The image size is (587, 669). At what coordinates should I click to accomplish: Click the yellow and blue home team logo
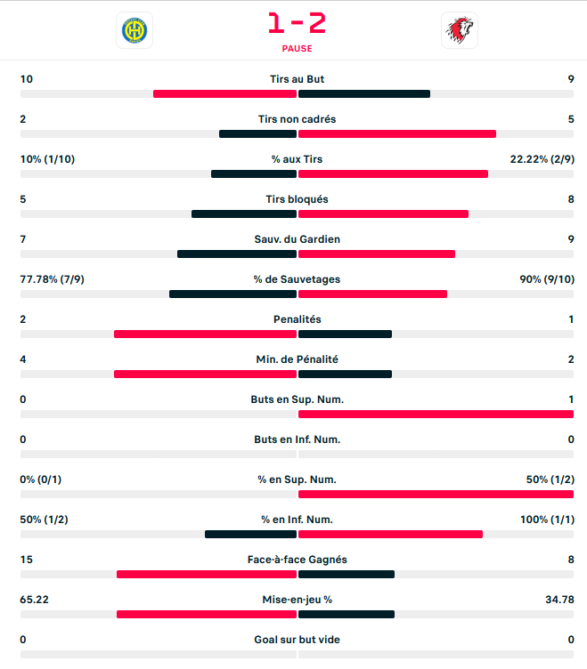pos(135,30)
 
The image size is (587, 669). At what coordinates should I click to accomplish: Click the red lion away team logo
pos(460,30)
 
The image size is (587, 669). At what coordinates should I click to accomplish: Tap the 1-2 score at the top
pos(297,22)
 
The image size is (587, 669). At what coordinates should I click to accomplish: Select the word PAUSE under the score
pos(297,49)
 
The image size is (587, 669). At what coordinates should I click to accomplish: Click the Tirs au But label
pos(297,79)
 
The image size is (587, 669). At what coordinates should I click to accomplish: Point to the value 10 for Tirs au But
pos(27,79)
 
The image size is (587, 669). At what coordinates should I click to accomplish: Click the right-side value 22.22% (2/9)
pos(542,159)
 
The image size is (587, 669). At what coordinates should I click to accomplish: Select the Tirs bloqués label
pos(297,199)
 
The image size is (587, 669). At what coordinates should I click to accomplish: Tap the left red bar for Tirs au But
pos(224,94)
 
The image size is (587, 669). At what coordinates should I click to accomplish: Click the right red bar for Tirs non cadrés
pos(397,134)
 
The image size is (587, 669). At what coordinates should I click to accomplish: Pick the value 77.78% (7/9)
pos(53,279)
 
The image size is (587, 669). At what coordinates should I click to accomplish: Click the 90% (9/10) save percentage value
pos(547,279)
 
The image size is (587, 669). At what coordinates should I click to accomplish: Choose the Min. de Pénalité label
pos(297,359)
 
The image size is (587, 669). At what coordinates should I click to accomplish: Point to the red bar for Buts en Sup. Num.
pos(436,415)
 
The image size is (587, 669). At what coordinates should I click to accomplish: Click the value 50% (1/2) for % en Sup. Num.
pos(550,480)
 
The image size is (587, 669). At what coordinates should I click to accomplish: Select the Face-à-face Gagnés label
pos(297,560)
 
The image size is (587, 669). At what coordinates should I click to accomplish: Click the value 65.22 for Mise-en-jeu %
pos(34,600)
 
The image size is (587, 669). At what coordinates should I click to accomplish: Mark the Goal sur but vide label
pos(297,640)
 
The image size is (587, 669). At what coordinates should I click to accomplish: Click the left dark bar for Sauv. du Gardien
pos(236,254)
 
